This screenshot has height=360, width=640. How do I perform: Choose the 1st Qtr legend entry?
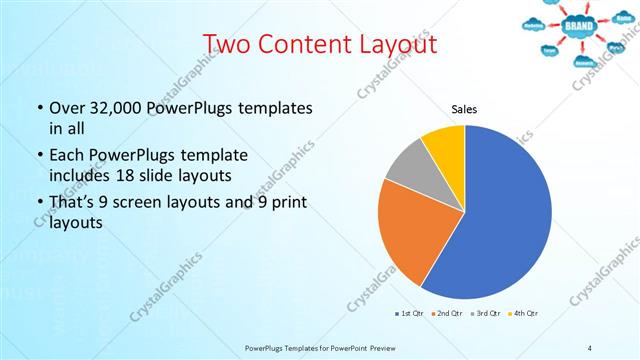tap(410, 313)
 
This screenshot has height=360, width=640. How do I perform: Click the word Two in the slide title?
tap(229, 45)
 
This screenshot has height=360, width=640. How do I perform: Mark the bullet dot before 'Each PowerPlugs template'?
tap(40, 155)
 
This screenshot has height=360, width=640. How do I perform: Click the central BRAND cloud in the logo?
tap(579, 23)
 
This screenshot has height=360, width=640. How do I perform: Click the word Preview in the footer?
tap(368, 347)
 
